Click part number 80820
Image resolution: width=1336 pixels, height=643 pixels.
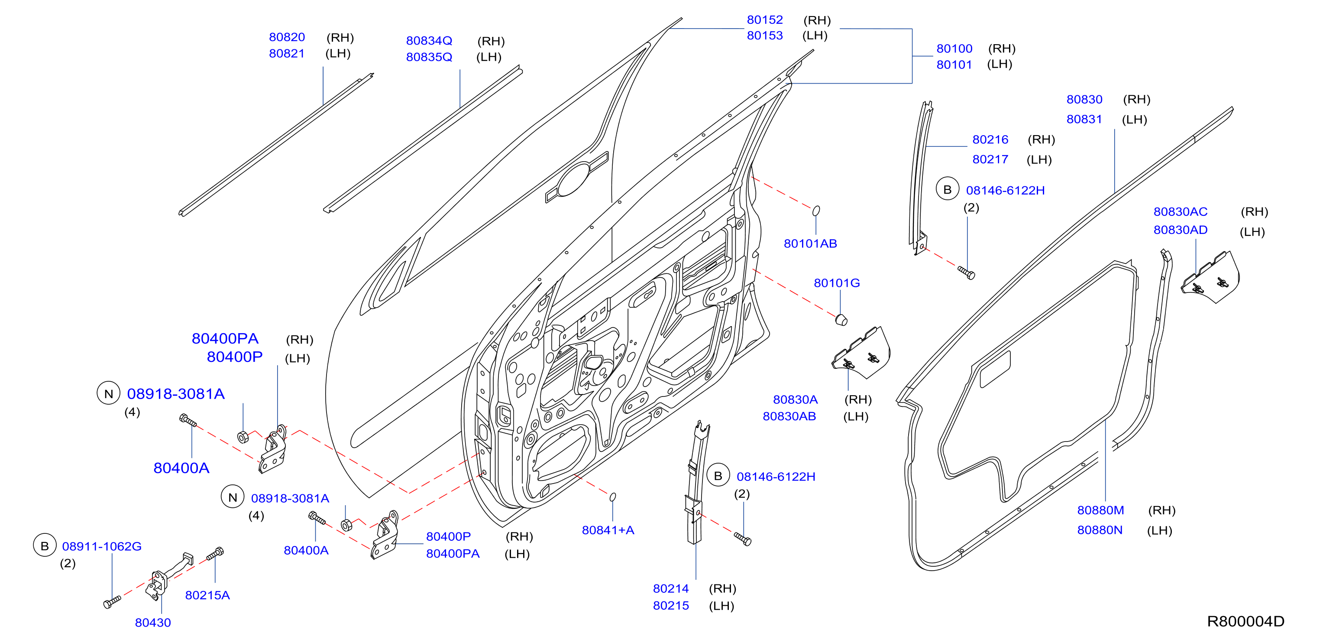point(287,37)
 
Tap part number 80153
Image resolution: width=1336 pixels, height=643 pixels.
point(764,36)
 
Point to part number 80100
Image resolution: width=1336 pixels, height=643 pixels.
point(954,49)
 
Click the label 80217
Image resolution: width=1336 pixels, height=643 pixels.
point(990,159)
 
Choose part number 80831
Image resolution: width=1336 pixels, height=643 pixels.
point(1084,119)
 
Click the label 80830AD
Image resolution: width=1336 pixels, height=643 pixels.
point(1181,230)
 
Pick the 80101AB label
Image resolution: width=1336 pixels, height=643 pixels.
point(810,244)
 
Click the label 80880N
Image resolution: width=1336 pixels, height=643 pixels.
point(1100,530)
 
